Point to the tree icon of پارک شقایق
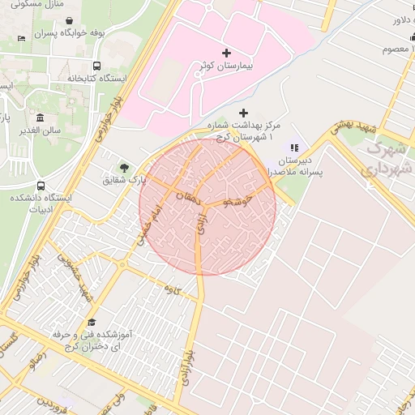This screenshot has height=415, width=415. (x=124, y=168)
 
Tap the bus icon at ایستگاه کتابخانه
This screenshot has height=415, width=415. (x=97, y=66)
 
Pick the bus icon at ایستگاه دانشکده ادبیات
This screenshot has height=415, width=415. (x=41, y=186)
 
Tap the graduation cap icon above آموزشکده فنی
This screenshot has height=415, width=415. (x=91, y=323)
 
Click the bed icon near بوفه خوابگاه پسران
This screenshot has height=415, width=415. (x=21, y=38)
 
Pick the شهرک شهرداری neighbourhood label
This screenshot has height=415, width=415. (x=387, y=159)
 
